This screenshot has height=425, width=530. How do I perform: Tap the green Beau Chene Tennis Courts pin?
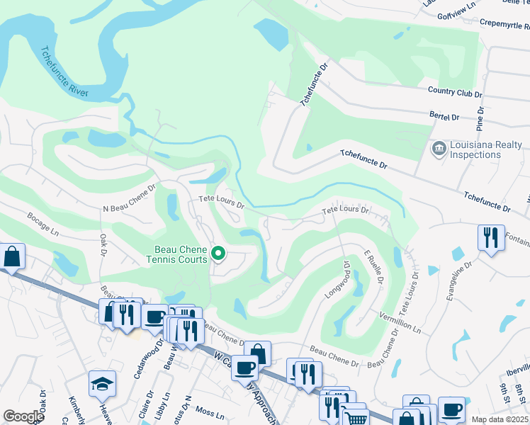click(x=219, y=253)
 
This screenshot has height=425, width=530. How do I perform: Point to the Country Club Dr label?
click(x=455, y=92)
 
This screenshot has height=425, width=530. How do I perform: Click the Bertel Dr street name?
click(x=444, y=115)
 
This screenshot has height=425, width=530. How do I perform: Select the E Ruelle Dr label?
click(x=373, y=267)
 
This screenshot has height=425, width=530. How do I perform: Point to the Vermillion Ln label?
click(x=400, y=322)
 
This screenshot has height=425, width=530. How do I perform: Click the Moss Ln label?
click(x=209, y=411)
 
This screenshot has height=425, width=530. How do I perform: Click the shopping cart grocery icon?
click(x=355, y=417)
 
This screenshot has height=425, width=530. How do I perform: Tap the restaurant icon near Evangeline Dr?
click(x=491, y=237)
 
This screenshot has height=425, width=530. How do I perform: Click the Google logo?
click(x=23, y=416)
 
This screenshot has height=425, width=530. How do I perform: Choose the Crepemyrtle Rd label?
click(x=495, y=23)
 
